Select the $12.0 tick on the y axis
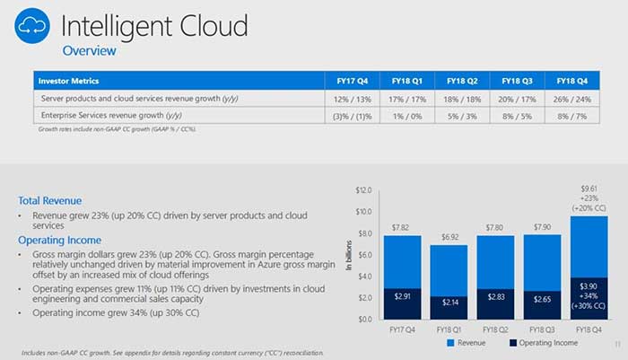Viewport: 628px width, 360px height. pyautogui.click(x=362, y=190)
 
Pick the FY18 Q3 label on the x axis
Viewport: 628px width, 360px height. pyautogui.click(x=516, y=329)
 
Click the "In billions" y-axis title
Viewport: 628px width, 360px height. pyautogui.click(x=350, y=254)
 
